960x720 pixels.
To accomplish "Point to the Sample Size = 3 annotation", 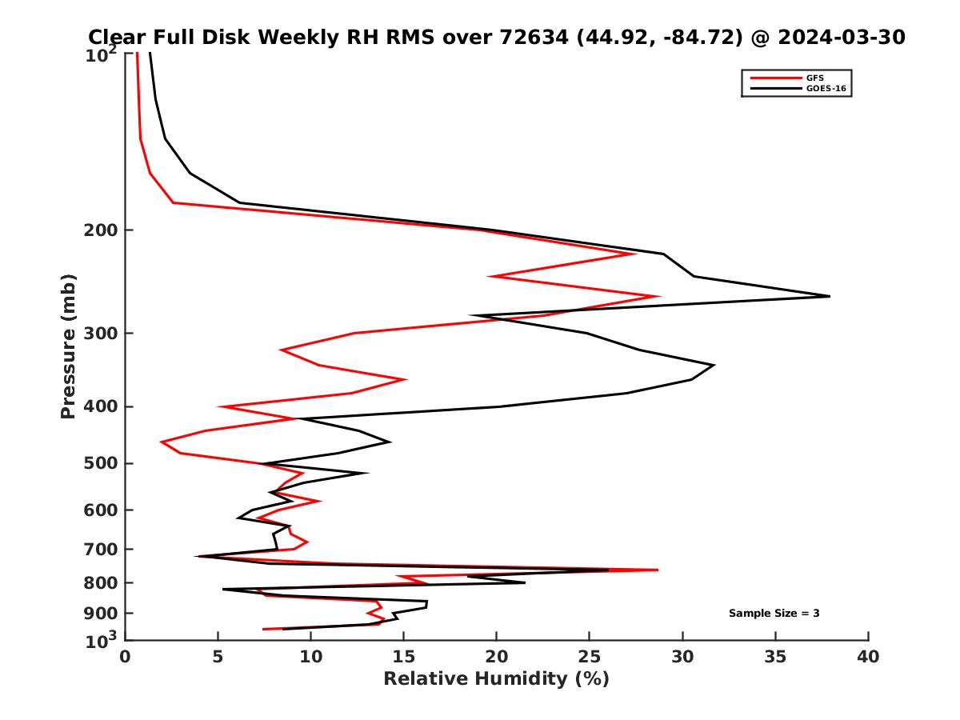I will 774,614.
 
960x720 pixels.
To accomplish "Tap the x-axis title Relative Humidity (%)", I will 496,679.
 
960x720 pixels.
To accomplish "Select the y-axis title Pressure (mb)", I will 68,346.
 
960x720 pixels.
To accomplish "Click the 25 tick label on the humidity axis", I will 589,658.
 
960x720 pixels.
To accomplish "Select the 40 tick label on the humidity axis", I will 868,658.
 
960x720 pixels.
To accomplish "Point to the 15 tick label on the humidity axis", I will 403,658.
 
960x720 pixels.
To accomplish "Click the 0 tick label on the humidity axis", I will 125,658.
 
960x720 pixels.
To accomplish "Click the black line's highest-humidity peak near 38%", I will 829,296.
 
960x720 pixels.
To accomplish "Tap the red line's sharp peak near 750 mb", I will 658,570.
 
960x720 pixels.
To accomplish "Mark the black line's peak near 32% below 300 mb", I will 714,365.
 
